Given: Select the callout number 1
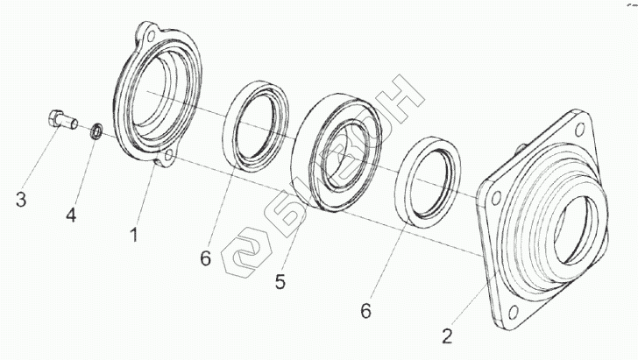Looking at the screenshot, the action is click(x=134, y=234).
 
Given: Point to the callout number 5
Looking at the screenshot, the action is click(x=280, y=283).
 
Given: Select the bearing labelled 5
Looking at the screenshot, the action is click(x=337, y=149).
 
